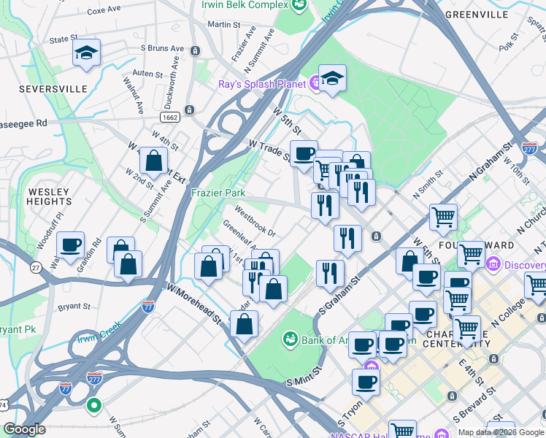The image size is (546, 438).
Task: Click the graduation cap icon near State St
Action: tap(86, 53)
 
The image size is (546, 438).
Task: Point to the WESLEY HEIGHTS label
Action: tap(49, 197)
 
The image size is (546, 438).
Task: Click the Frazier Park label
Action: tap(218, 193)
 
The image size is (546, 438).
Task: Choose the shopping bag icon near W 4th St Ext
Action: tap(154, 161)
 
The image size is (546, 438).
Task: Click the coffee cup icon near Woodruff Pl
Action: tap(70, 245)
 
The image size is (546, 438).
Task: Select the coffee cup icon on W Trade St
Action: tap(304, 153)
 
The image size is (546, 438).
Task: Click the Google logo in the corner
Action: tap(24, 429)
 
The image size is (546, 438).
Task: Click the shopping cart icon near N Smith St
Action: tap(443, 217)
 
